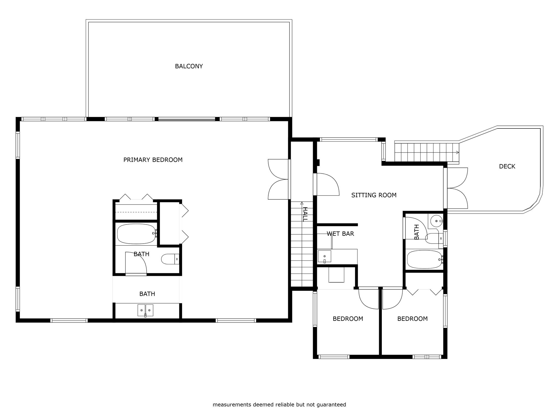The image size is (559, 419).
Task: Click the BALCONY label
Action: point(189,66)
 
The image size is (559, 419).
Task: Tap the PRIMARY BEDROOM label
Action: point(153,160)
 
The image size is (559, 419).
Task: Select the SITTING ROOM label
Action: point(374,195)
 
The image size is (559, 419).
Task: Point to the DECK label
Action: point(507,166)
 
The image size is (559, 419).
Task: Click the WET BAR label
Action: point(340,234)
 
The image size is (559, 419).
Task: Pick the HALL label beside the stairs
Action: point(305,214)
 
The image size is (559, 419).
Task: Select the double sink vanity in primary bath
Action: point(145,310)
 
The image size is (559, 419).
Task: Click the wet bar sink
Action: point(324,256)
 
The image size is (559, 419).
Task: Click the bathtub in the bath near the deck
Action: point(425,259)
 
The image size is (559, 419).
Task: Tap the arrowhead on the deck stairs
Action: point(457,152)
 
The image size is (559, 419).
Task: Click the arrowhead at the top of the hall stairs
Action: point(302,203)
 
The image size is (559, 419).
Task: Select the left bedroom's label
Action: point(348,319)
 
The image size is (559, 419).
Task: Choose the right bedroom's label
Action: point(412,319)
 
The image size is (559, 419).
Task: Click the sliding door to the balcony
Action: point(187,119)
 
